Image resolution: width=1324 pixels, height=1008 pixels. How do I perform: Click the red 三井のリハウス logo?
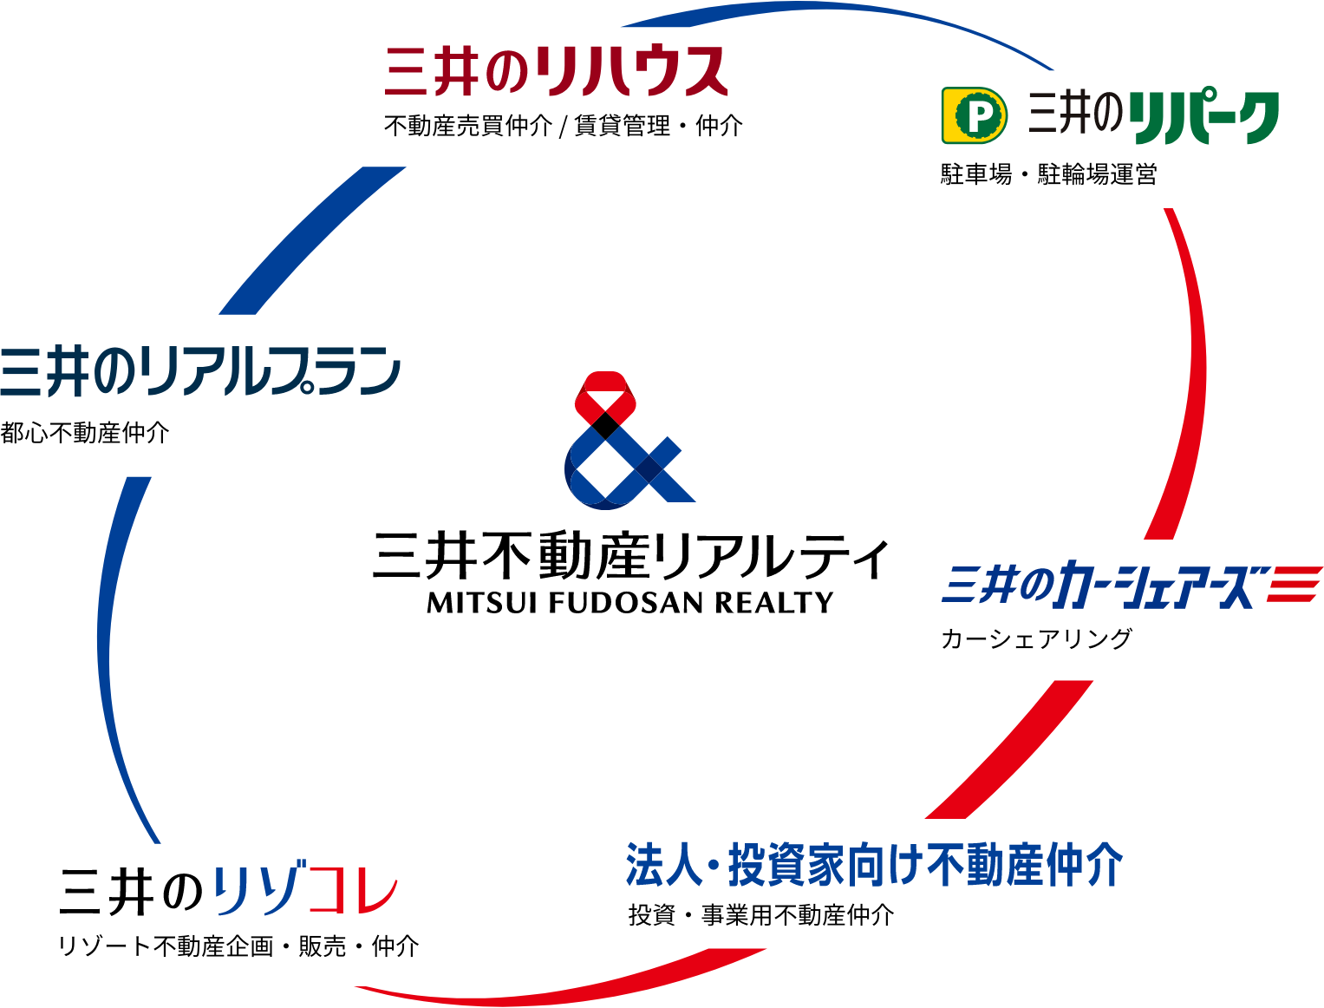coord(556,71)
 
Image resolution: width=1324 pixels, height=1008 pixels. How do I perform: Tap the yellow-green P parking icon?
coord(975,115)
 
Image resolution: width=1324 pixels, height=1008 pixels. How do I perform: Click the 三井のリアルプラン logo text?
coord(199,371)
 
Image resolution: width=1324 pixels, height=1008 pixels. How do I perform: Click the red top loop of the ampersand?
coord(605,394)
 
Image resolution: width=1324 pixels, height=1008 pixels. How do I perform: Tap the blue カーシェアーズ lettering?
coord(1153,587)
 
